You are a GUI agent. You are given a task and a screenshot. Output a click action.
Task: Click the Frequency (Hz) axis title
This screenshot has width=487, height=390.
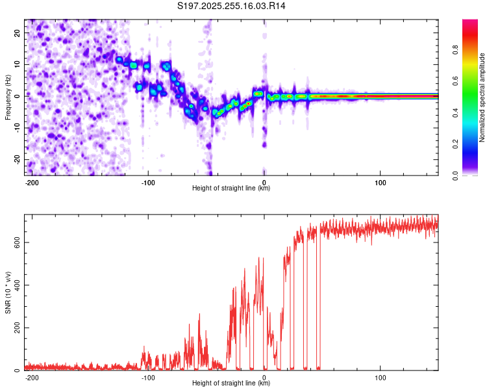(x=8, y=96)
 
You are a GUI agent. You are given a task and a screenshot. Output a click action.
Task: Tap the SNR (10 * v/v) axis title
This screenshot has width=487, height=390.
(x=8, y=292)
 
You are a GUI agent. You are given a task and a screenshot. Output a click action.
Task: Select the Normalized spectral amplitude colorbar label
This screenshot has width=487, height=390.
(x=481, y=97)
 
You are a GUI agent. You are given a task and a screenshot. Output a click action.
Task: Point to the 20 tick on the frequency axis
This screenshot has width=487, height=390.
(x=18, y=32)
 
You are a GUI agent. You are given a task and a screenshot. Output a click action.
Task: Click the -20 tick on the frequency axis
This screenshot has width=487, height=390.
(x=17, y=159)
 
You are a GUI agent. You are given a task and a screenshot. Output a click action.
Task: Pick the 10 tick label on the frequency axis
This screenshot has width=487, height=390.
(x=18, y=64)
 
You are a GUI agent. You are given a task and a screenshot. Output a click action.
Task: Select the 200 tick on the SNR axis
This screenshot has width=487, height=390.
(x=16, y=328)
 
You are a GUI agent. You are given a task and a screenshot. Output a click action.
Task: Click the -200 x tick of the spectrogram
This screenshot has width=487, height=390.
(x=32, y=182)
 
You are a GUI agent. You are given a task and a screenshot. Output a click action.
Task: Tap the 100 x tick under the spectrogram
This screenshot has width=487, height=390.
(x=380, y=182)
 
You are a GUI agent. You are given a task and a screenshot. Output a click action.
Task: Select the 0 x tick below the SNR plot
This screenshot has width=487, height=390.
(x=264, y=377)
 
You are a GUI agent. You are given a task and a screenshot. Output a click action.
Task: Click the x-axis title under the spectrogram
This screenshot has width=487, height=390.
(x=231, y=188)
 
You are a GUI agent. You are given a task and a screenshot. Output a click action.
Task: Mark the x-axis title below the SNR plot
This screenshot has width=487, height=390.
(x=231, y=383)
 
